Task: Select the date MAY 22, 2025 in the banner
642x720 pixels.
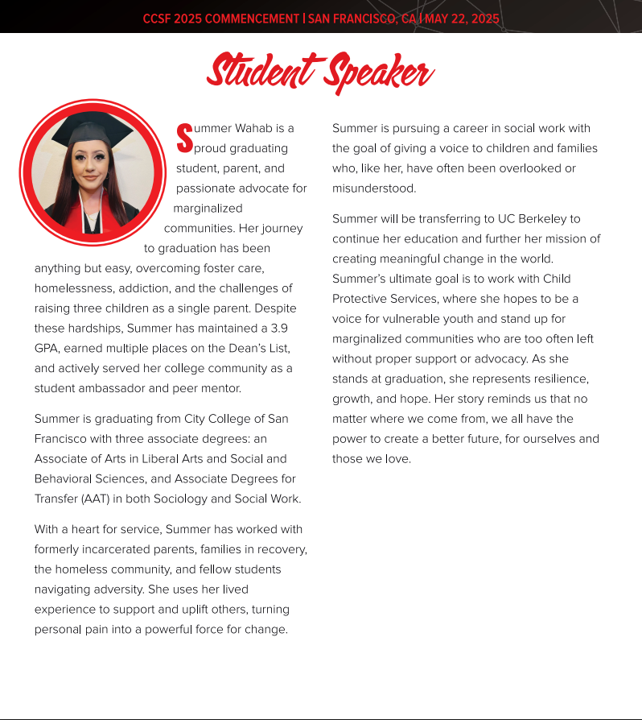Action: (462, 19)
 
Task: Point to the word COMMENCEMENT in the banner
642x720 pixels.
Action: (251, 19)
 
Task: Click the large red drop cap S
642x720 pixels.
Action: (184, 138)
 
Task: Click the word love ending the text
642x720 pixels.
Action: (395, 459)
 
